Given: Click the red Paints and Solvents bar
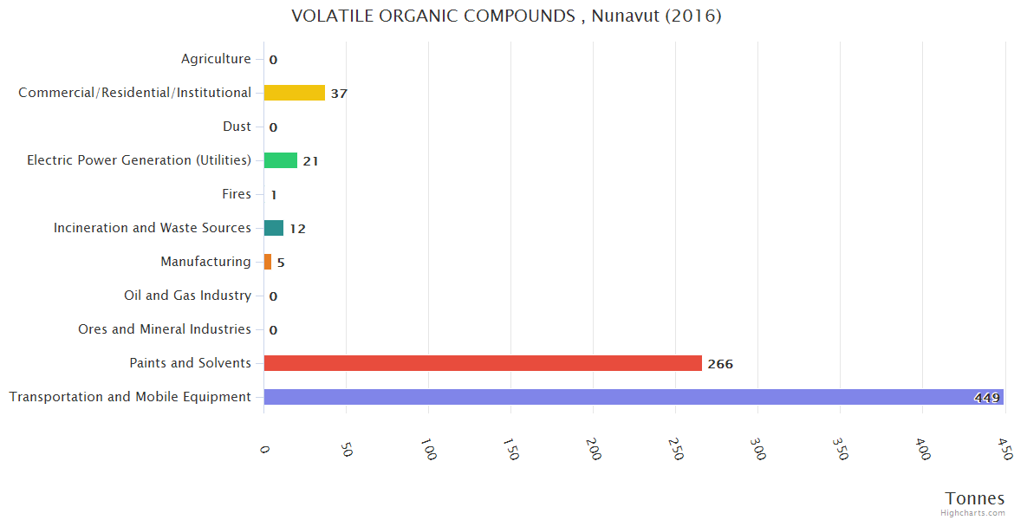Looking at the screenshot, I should [483, 363].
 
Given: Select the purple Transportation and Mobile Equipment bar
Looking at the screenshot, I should [633, 397].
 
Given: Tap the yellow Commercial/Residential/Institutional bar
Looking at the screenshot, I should [295, 93].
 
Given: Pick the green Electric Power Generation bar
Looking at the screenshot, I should [281, 160].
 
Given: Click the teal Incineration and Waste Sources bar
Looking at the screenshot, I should [274, 228].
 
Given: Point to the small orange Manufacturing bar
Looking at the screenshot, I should [268, 262].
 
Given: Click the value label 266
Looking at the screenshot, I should [720, 364].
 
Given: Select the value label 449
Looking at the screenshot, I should [986, 398].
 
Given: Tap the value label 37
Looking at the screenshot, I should [339, 94].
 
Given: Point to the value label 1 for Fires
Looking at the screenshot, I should [273, 195].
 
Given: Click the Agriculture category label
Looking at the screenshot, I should [216, 59].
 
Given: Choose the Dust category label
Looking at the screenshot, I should [237, 127].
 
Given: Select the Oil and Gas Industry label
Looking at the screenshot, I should [187, 296].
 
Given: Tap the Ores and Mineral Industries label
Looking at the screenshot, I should [165, 329].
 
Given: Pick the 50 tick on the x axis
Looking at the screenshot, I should [347, 448].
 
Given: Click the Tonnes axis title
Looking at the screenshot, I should [975, 498].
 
